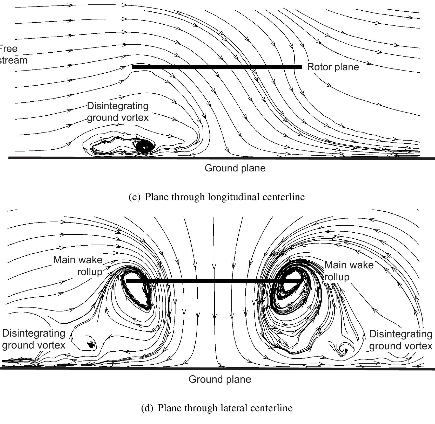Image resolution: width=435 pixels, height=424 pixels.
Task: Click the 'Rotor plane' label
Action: point(333,67)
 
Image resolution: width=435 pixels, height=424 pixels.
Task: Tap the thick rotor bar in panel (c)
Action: point(217,67)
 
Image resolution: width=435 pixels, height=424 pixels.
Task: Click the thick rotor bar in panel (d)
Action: point(213,281)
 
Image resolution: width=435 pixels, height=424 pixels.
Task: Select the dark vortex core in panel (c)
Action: point(144,147)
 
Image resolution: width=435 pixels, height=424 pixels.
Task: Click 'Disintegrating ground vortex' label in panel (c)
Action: point(118,112)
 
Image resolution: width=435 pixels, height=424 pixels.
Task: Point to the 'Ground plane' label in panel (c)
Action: point(235,168)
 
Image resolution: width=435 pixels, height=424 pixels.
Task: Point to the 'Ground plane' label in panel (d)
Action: point(220,379)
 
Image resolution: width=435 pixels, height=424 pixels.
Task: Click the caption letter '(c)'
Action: point(134,197)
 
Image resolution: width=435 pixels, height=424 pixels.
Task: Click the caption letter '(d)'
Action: point(147,408)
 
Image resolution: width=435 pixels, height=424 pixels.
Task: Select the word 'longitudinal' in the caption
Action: point(234,197)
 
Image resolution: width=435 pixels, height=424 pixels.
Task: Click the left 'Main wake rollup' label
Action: point(78,266)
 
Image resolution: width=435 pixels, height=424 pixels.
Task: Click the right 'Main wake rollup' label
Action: point(349,271)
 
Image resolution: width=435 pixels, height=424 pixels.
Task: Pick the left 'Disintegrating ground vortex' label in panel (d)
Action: point(34,339)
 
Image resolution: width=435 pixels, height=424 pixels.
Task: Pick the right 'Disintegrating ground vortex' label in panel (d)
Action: point(400,340)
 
